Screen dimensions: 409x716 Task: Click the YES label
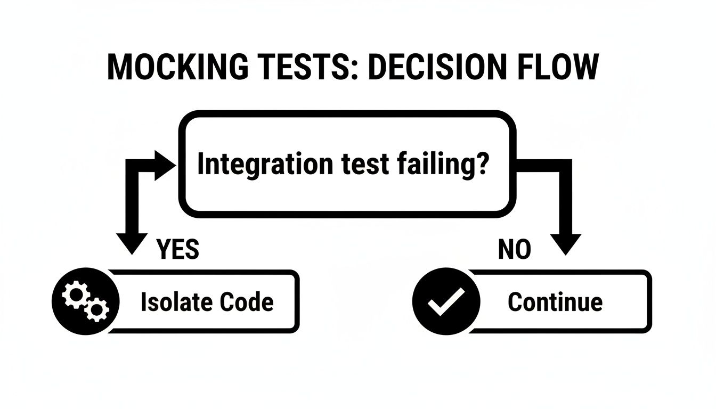click(178, 249)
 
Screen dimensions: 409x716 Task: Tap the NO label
click(514, 249)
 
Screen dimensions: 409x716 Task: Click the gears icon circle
click(85, 302)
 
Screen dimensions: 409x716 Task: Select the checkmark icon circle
click(446, 302)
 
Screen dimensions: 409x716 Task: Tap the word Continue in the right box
click(555, 302)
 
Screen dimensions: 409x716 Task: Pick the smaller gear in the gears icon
click(97, 309)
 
